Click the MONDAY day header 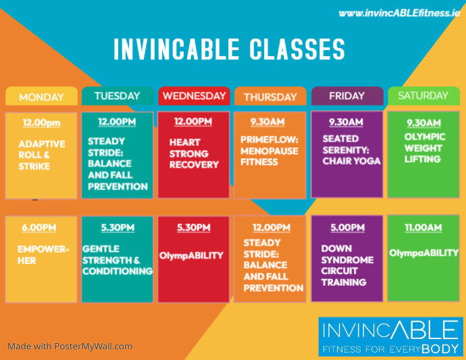pos(41,97)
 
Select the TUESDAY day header pos(118,96)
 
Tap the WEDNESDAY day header pos(194,96)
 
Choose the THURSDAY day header pos(270,97)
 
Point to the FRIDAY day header pos(346,96)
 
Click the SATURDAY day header pos(423,96)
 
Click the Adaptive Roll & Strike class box pos(41,155)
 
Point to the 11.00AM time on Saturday pos(423,229)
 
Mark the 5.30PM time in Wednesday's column pos(193,228)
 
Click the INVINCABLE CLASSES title pos(230,50)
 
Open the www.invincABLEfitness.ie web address pos(398,12)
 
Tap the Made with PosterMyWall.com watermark pos(70,346)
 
